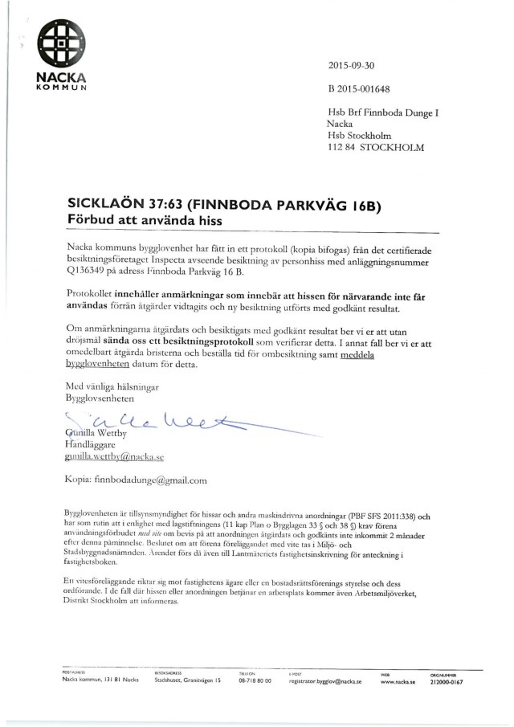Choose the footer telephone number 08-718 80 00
coord(255,680)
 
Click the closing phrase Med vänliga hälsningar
coord(112,386)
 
